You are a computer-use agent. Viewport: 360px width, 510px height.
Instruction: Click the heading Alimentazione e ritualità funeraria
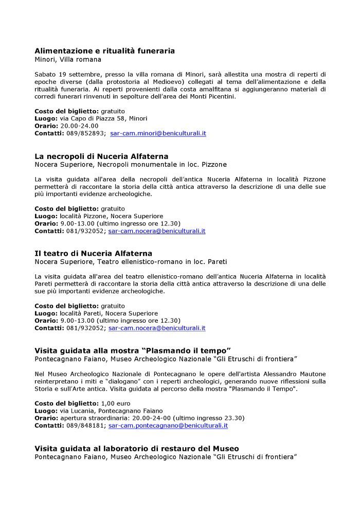click(104, 51)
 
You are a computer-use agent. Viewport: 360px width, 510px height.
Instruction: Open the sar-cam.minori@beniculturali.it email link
click(158, 133)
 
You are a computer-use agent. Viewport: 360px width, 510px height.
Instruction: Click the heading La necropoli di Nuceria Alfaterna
click(101, 156)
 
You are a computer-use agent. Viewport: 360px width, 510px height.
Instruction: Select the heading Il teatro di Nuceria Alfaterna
click(93, 253)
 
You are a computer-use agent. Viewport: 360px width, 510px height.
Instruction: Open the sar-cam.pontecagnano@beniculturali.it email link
click(168, 426)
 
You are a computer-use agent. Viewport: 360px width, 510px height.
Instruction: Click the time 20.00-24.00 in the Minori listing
click(79, 126)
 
